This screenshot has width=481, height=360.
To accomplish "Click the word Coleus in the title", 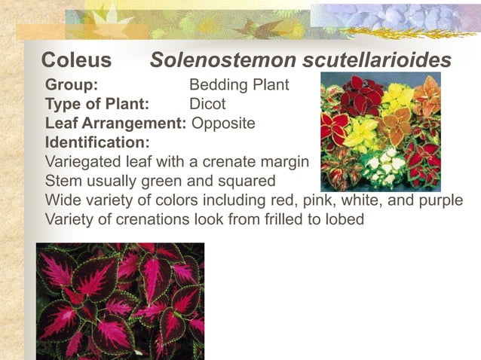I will [x=76, y=60].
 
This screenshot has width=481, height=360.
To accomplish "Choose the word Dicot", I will [x=207, y=104].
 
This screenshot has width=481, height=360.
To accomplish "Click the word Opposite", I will [x=224, y=123].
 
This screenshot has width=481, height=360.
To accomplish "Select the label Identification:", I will [x=97, y=142].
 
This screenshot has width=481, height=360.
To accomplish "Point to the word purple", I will [x=438, y=201].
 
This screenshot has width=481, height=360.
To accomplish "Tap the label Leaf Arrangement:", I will [x=115, y=123].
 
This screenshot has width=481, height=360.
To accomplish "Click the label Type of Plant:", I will [x=97, y=104].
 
